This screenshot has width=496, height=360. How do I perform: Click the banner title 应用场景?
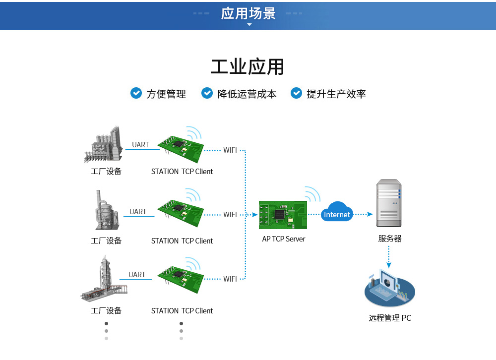(x=248, y=13)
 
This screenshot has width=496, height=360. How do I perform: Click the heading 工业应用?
(x=248, y=67)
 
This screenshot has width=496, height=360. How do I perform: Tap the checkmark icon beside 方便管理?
(x=136, y=93)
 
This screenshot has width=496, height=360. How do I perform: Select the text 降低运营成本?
(x=247, y=94)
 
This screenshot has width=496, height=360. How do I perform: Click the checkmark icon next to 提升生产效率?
(x=296, y=93)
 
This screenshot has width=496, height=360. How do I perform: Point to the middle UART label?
(x=138, y=211)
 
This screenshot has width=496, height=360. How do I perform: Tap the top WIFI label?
(x=230, y=150)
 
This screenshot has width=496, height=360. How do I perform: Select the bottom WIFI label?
(x=230, y=279)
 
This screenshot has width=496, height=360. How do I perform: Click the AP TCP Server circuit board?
(x=283, y=215)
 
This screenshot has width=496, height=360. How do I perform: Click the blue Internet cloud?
(x=337, y=213)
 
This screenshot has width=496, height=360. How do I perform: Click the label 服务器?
(x=389, y=239)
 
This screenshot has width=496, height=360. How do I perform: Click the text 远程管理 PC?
(x=389, y=318)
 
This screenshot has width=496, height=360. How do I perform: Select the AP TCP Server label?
(x=284, y=239)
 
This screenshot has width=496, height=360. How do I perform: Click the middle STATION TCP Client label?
(x=182, y=240)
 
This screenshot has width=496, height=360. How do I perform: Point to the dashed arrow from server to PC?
(x=389, y=257)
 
